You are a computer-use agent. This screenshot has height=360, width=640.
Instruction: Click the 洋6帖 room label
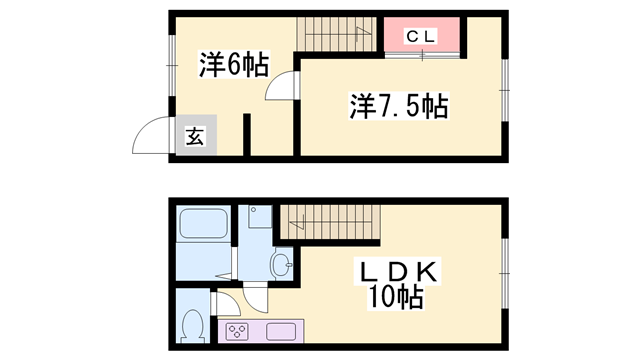233,66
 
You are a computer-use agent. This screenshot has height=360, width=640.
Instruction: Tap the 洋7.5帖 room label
397,104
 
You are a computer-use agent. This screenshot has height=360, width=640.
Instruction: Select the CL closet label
421,37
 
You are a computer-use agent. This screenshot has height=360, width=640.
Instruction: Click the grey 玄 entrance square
194,138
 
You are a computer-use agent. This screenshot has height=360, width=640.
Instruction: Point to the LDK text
397,272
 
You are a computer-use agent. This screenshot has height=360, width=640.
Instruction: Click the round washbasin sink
281,264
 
